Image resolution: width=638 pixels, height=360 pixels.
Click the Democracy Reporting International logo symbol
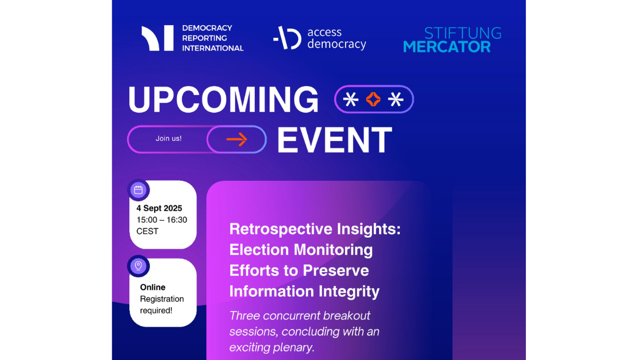coord(157,38)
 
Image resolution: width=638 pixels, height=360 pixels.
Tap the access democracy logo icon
coord(287,38)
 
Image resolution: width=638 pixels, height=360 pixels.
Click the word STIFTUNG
coord(463,33)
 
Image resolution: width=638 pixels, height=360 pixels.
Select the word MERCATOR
coord(447,47)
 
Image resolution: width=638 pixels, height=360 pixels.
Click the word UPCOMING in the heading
coord(223,99)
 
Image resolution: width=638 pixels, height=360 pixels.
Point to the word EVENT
coord(334,140)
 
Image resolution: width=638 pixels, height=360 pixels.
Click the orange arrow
coord(237,139)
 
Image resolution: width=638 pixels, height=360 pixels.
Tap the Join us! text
coord(169,138)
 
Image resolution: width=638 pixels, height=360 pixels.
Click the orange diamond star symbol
coord(373,99)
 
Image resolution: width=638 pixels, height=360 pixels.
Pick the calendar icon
coord(138,190)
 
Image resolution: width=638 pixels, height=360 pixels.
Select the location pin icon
coord(138,266)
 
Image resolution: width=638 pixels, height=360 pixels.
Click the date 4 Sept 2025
coord(159,208)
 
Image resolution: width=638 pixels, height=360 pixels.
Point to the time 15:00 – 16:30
coord(162,220)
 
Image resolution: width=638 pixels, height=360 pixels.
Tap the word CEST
coord(147,231)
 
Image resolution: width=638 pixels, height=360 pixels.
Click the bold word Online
coord(153,287)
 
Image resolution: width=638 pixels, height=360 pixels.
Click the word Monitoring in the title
coord(333,250)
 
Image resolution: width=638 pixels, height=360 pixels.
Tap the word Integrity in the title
coord(349,291)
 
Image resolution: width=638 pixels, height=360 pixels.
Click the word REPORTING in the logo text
coord(205,38)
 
